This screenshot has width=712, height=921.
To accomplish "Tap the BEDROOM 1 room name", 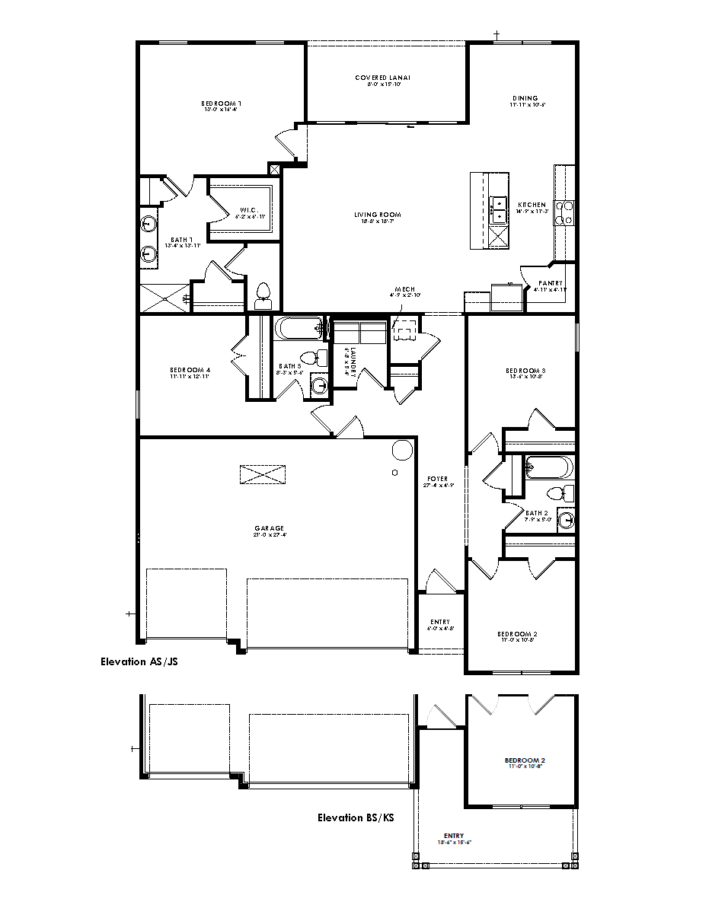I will [x=222, y=103].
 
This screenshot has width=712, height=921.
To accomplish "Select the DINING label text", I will [x=525, y=98].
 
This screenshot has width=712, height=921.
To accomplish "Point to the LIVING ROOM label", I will [x=377, y=215].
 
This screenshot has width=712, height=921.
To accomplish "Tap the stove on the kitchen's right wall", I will [x=564, y=213].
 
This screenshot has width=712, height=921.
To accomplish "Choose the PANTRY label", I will [x=550, y=282].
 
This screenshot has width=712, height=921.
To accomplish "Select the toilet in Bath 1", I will [x=263, y=294].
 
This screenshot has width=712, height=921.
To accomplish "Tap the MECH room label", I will [x=404, y=289].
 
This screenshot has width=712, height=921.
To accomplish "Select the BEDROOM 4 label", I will [x=190, y=371].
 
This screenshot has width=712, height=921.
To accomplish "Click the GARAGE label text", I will [x=270, y=527].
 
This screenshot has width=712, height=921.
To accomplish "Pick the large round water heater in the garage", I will [x=401, y=450].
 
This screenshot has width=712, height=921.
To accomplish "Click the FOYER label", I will [x=437, y=479].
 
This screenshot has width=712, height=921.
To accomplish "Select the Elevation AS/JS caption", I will [x=139, y=661].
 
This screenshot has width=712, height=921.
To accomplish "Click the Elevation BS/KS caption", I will [x=356, y=817].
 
